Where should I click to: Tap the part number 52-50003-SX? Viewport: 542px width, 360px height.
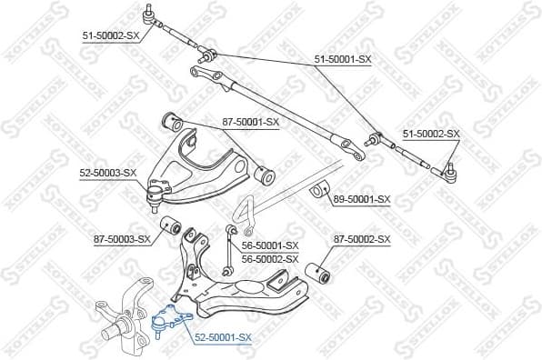click(107, 172)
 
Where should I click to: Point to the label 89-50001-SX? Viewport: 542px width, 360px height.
click(362, 199)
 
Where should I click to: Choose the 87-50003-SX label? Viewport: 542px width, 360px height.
click(121, 240)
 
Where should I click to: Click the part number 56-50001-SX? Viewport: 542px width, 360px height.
click(270, 245)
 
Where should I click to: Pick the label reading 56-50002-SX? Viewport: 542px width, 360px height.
click(270, 259)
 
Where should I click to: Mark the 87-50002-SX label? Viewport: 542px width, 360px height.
click(361, 240)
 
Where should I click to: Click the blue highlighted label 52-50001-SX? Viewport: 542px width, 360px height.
click(222, 337)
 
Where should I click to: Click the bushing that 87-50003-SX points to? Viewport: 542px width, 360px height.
click(170, 226)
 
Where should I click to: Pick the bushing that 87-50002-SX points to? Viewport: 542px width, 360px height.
click(318, 272)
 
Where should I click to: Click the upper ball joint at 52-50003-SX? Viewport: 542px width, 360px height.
click(157, 192)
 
